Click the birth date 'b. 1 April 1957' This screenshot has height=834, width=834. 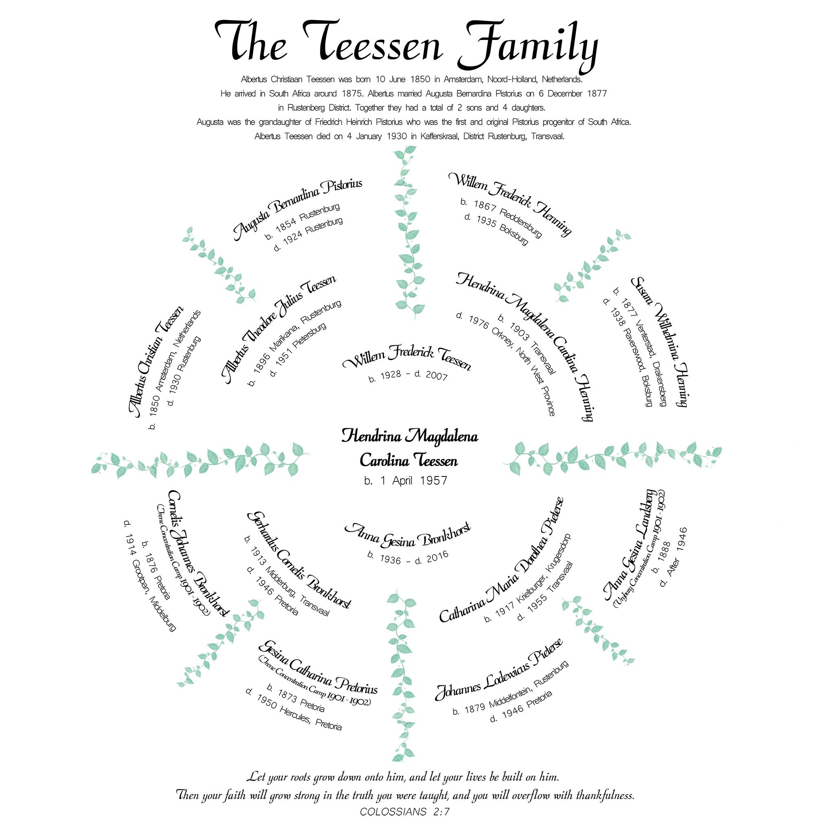[406, 481]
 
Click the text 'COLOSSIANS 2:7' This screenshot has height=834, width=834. [404, 812]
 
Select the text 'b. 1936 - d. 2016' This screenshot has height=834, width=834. [408, 558]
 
